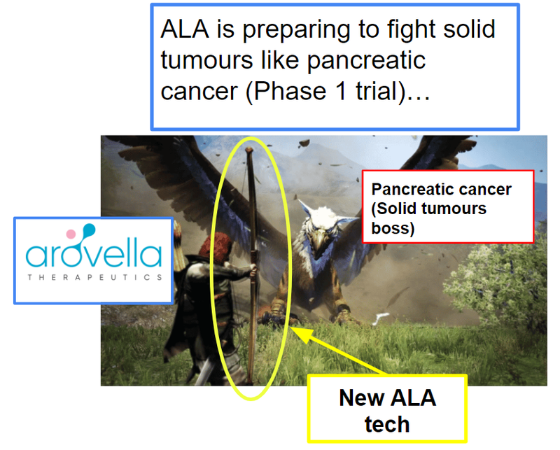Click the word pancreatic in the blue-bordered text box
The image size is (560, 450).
(x=366, y=61)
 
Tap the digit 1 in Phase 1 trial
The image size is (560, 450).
(x=341, y=91)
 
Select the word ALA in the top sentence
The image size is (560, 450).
(x=185, y=29)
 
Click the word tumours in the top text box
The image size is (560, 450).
(x=206, y=60)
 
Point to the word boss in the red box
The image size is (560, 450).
(x=393, y=228)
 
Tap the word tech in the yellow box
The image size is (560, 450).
(x=387, y=424)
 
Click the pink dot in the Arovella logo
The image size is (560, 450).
(x=71, y=234)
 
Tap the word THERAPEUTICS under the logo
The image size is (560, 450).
(x=94, y=278)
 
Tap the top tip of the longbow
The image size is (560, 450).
(x=250, y=148)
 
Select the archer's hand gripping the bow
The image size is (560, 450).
(x=253, y=270)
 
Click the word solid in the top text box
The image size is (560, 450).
(x=469, y=29)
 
